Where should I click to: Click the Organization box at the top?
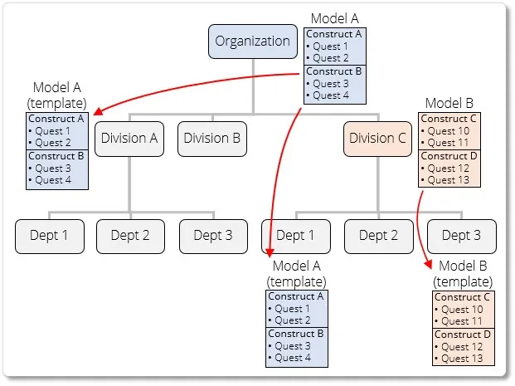[x=253, y=41]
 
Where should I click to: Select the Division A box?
[x=129, y=139]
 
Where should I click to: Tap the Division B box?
[x=211, y=139]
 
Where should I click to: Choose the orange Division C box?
[x=378, y=139]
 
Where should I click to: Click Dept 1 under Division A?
[x=49, y=236]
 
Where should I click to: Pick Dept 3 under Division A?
[x=213, y=236]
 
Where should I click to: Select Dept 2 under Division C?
[x=378, y=236]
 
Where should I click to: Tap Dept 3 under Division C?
[x=461, y=236]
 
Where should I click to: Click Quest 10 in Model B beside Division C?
[x=449, y=131]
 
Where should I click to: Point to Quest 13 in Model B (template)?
[x=462, y=359]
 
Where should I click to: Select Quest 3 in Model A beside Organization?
[x=330, y=84]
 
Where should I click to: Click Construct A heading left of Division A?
[x=56, y=119]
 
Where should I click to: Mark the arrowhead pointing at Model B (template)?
[x=430, y=265]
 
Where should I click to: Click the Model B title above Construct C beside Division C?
[x=449, y=104]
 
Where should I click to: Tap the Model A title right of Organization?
[x=335, y=18]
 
